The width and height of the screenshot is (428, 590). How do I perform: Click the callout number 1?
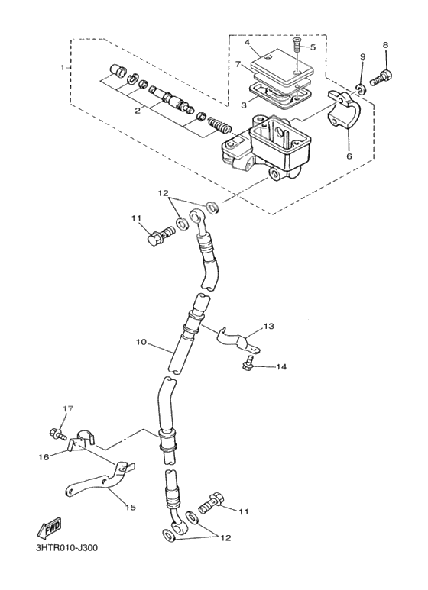pos(63,68)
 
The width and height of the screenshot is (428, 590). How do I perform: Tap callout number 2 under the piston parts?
pos(138,111)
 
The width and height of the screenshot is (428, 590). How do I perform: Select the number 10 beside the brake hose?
pos(141,343)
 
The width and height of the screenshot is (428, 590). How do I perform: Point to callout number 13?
pos(267,327)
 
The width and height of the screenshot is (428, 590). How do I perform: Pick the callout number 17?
pos(66,410)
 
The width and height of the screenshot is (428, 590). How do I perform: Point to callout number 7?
pos(238,66)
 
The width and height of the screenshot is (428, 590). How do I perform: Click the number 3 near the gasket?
pos(244,105)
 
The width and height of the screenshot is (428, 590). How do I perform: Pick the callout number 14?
pos(281,367)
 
